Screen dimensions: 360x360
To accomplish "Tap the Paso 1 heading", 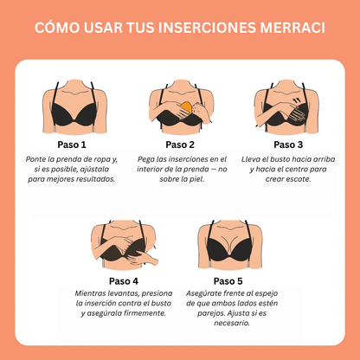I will (72, 145).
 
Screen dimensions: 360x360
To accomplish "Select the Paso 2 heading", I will (180, 145).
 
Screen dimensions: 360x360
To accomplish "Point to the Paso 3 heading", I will (288, 145).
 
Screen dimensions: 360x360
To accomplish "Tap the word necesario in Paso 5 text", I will (234, 323).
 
